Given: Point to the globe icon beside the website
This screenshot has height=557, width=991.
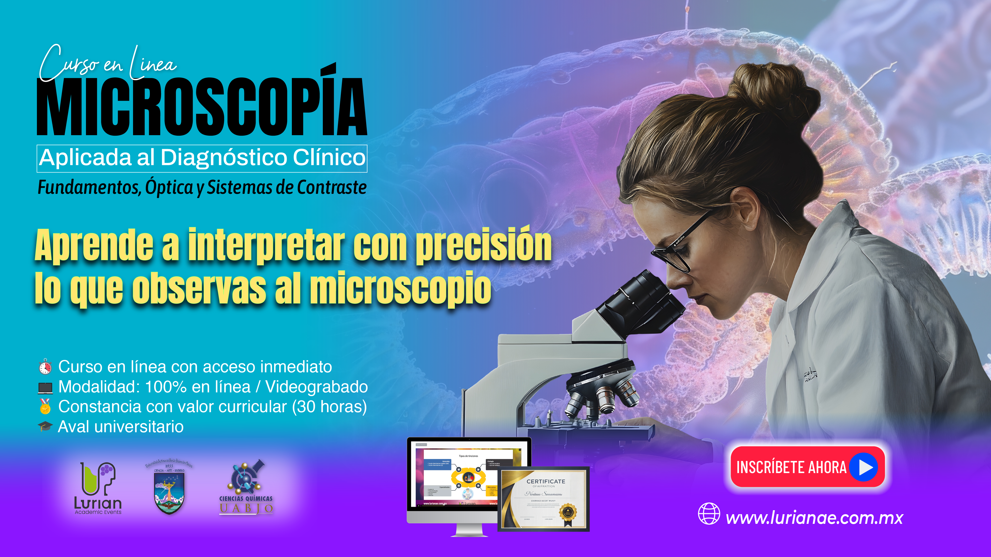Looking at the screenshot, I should (709, 514).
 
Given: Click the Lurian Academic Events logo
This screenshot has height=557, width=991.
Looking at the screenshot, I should (98, 488).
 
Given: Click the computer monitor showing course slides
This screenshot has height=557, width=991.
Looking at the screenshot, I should (454, 477).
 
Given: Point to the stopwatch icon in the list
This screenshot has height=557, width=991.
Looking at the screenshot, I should (45, 367).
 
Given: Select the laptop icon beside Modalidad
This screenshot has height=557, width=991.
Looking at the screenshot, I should (45, 387).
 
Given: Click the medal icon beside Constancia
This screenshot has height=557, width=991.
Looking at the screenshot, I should (45, 406).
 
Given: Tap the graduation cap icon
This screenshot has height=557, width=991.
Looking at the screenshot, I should (45, 426).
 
